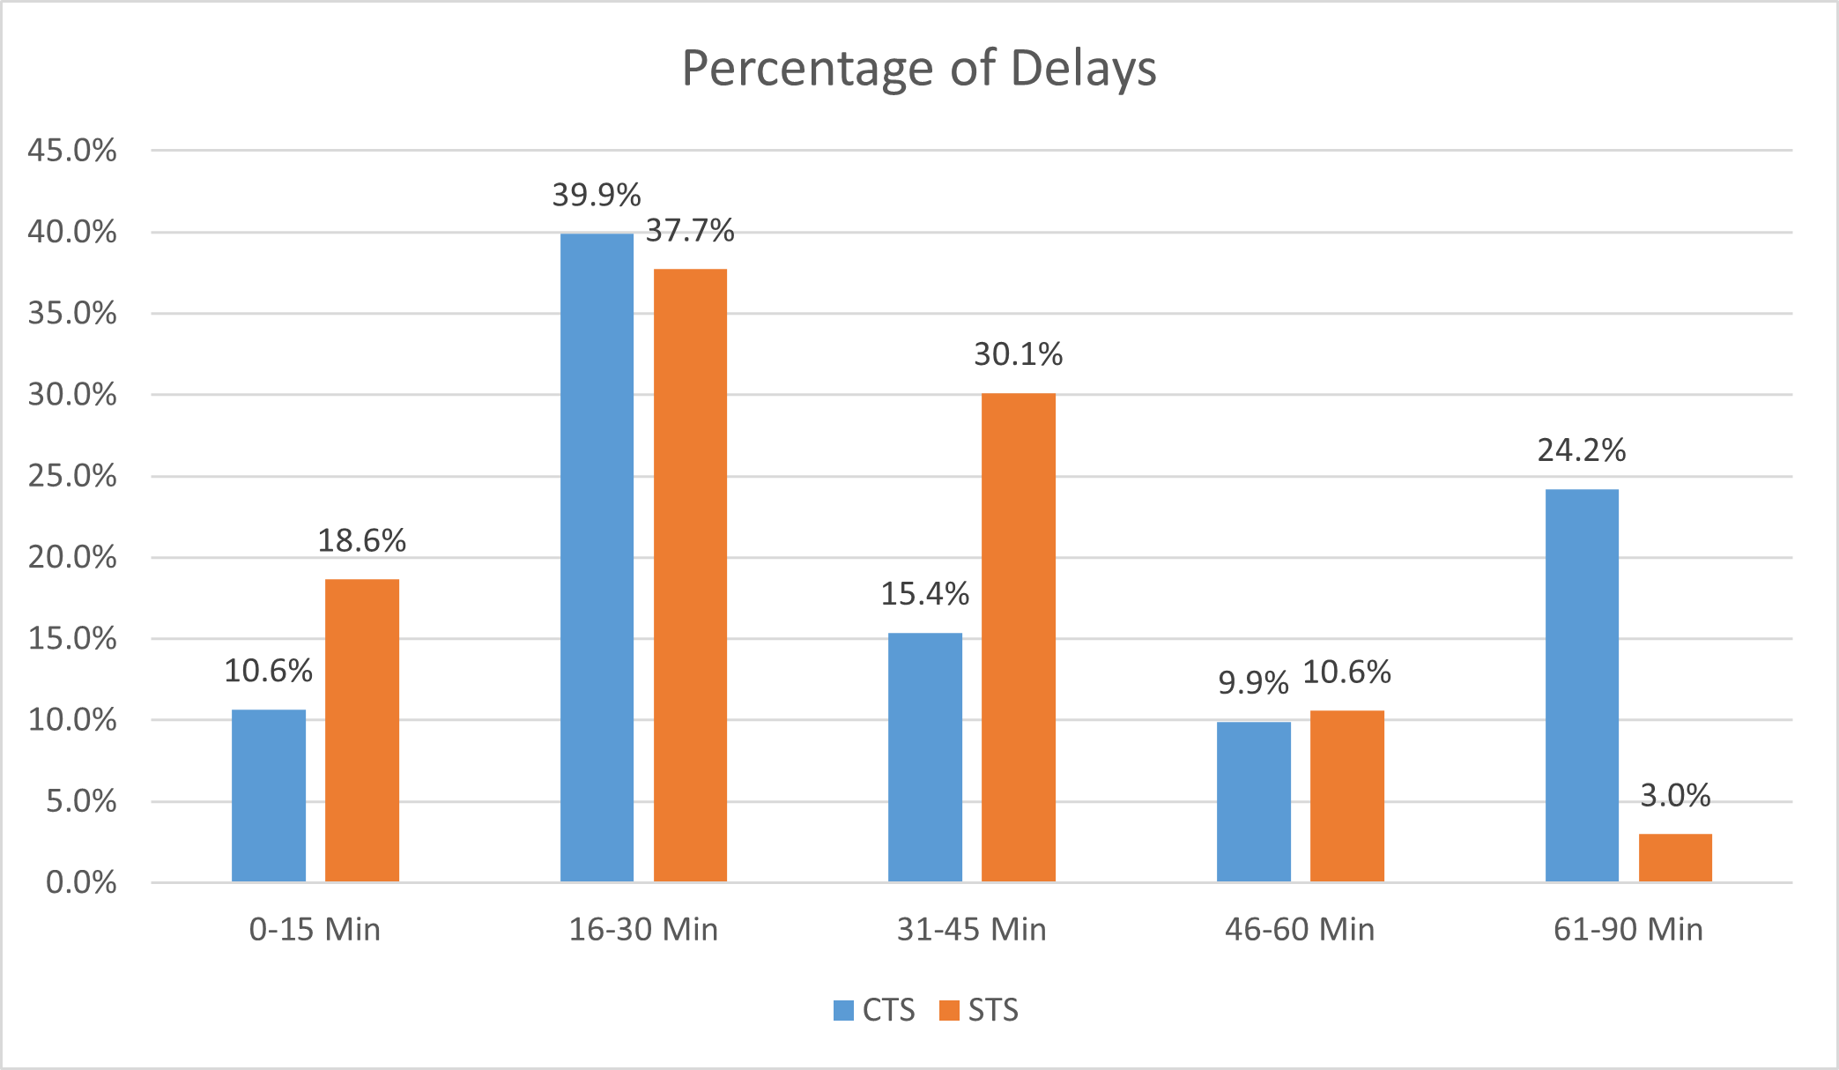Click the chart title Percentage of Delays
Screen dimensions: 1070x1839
coord(919,69)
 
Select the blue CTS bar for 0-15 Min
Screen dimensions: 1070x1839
coord(269,795)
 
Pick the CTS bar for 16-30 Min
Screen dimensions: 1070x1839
coord(597,557)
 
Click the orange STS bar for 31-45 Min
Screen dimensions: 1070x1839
coord(1019,636)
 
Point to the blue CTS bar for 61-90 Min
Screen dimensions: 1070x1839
coord(1582,685)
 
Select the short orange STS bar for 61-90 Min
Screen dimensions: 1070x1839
coord(1675,858)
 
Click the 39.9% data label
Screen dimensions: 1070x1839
coord(597,195)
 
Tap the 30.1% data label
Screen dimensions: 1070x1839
coord(1019,354)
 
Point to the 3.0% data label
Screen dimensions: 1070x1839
coord(1675,796)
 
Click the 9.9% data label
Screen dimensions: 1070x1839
coord(1253,683)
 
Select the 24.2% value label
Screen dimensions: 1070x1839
coord(1582,450)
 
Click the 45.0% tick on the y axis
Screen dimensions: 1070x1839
coord(72,151)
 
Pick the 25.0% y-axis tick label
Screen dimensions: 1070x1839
coord(72,476)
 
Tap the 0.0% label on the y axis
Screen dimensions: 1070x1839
coord(81,882)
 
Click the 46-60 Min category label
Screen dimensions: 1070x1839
coord(1300,930)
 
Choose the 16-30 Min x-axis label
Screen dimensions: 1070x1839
coord(643,930)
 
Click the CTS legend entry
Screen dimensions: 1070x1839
coord(875,1010)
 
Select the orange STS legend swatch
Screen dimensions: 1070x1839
coord(949,1010)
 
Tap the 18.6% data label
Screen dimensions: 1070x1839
coord(362,540)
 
